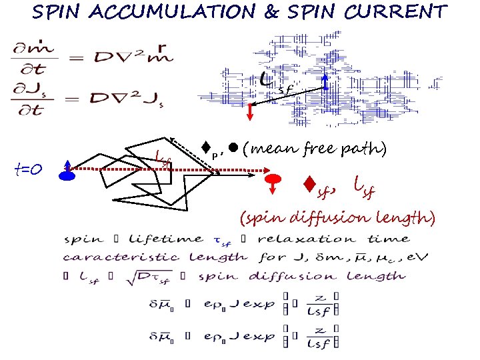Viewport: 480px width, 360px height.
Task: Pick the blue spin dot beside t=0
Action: [x=67, y=175]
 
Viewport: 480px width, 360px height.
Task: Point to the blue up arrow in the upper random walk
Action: [x=325, y=82]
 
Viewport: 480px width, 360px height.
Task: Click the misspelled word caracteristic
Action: [x=121, y=257]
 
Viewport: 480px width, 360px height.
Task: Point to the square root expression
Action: [x=155, y=275]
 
